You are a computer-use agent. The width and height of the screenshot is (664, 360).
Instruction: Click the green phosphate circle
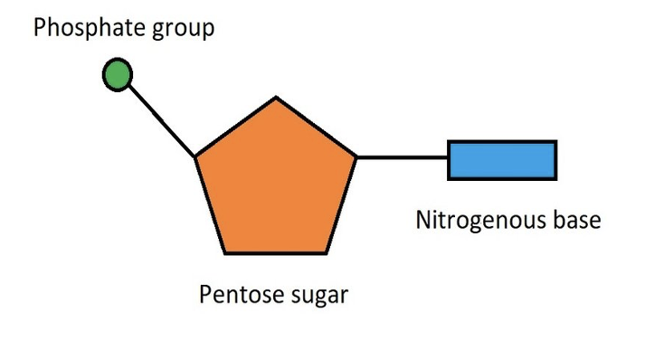point(117,75)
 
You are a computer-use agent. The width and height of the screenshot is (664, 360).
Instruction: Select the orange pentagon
point(276,181)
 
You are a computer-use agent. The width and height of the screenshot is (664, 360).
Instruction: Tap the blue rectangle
point(502,160)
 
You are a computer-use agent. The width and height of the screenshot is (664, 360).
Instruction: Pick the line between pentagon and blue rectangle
point(403,157)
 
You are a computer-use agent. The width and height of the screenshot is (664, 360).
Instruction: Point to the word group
point(185,30)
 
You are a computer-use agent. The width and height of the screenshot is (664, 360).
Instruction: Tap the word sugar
point(316,297)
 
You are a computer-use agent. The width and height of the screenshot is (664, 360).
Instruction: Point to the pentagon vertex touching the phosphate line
point(195,158)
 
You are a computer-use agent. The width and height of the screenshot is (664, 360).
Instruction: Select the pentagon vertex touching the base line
point(356,157)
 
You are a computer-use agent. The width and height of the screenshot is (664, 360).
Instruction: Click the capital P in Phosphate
point(40,28)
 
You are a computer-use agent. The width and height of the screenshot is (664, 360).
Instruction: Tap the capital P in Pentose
point(204,295)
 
